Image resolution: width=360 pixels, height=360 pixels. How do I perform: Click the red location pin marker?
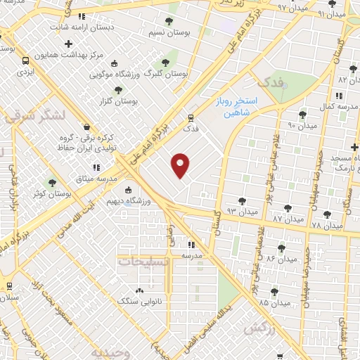point(181,166)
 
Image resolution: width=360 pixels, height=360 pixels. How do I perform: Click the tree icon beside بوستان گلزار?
point(118,90)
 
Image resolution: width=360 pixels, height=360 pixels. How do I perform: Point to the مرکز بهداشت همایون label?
point(92,54)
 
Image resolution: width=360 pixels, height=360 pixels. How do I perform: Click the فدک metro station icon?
point(191,117)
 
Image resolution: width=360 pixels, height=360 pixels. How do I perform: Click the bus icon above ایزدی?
point(25,60)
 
